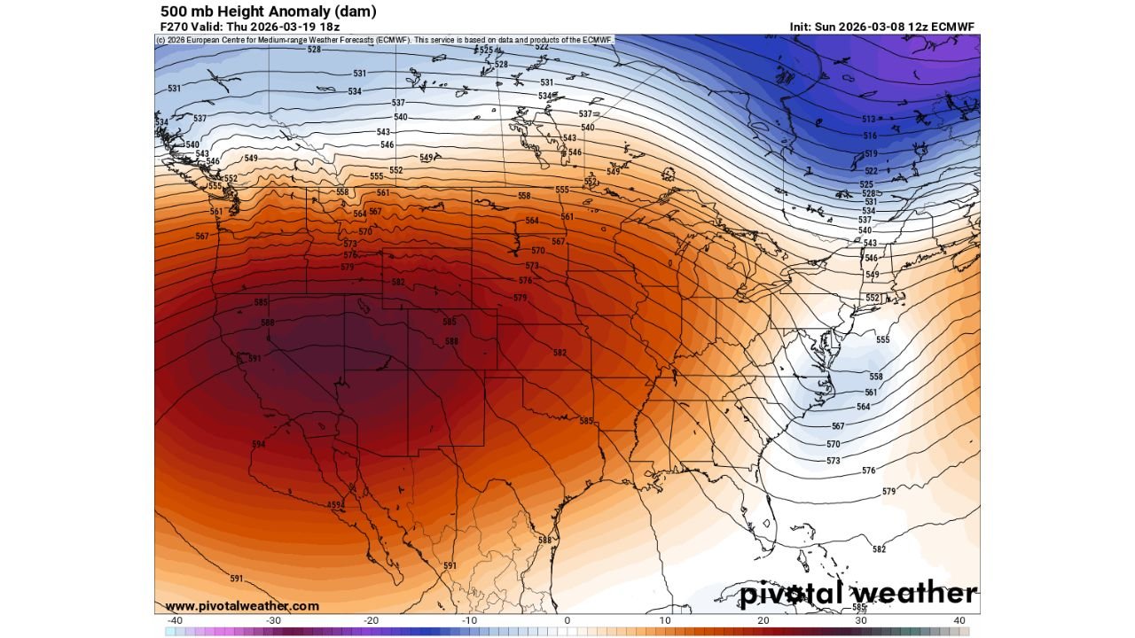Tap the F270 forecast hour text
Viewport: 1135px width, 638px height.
[x=173, y=27]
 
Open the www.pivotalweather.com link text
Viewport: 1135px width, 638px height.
[x=241, y=606]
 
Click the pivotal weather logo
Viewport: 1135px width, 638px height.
[x=858, y=594]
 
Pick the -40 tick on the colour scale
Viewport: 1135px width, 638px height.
[x=175, y=620]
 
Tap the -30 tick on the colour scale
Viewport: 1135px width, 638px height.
[x=273, y=620]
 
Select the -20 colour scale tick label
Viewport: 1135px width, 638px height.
[x=371, y=620]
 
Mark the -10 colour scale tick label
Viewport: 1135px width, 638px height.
[x=469, y=620]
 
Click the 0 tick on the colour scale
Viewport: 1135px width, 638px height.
[x=567, y=620]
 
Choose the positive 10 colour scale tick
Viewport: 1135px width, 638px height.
[x=665, y=620]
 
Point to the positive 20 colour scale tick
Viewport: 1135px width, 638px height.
[x=763, y=620]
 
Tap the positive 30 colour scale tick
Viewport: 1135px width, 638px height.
[x=861, y=620]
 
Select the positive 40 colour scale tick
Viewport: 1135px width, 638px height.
[x=959, y=620]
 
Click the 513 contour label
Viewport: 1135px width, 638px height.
[x=869, y=120]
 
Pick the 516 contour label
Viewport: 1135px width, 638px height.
[x=871, y=136]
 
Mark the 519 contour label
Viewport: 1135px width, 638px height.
[x=871, y=154]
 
